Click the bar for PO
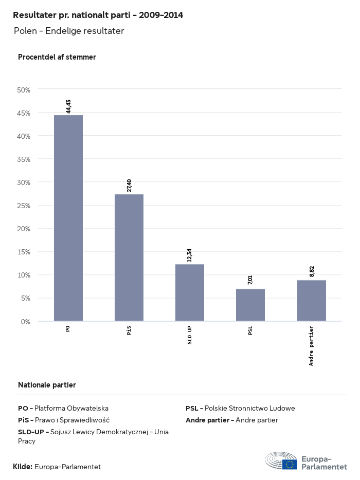click(x=68, y=218)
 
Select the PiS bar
click(x=129, y=257)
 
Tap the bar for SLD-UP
click(x=190, y=292)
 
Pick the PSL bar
click(x=250, y=305)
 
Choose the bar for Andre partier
click(x=312, y=301)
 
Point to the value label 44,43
click(x=68, y=106)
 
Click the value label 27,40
click(x=129, y=185)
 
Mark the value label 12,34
click(x=190, y=255)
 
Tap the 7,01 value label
click(x=250, y=280)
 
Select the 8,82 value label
click(x=312, y=271)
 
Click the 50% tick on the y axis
click(x=24, y=90)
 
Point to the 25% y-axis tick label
click(x=24, y=206)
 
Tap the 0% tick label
click(x=26, y=322)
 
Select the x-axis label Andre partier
click(x=312, y=345)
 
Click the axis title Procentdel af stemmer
click(x=57, y=57)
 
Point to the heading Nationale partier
click(x=47, y=385)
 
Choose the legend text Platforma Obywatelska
click(x=71, y=409)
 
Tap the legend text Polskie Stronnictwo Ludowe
click(x=250, y=409)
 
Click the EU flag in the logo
click(x=290, y=464)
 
